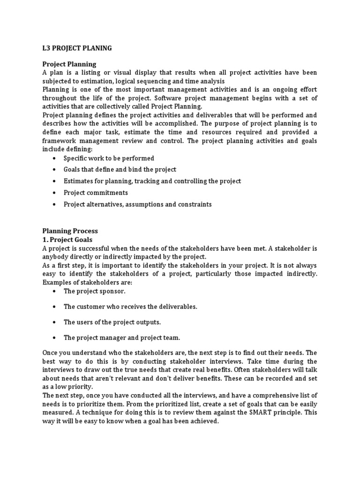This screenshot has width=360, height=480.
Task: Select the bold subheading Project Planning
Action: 69,64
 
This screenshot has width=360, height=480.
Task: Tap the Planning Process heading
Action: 70,231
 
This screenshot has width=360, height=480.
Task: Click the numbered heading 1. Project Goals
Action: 67,239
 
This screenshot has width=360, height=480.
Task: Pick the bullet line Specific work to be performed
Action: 109,158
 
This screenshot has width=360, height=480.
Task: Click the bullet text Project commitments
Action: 96,193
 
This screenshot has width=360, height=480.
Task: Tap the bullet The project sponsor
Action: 95,291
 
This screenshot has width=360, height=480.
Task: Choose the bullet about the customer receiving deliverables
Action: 130,307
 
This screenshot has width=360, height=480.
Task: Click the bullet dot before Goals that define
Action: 55,170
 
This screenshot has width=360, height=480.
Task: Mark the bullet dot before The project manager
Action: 55,337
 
